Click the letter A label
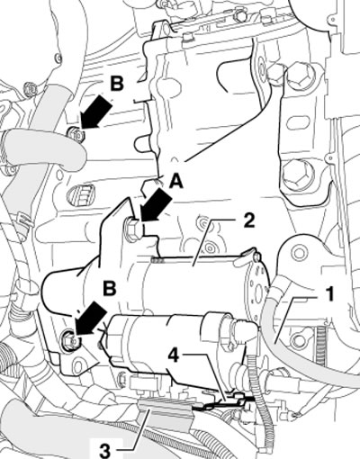[x=175, y=181]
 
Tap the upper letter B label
[x=117, y=84]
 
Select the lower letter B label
[x=110, y=288]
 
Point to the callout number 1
[x=329, y=293]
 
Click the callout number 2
[x=248, y=220]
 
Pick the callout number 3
[x=104, y=451]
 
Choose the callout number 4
[x=174, y=355]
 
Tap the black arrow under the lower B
[x=90, y=319]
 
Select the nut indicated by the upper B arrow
[x=75, y=133]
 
